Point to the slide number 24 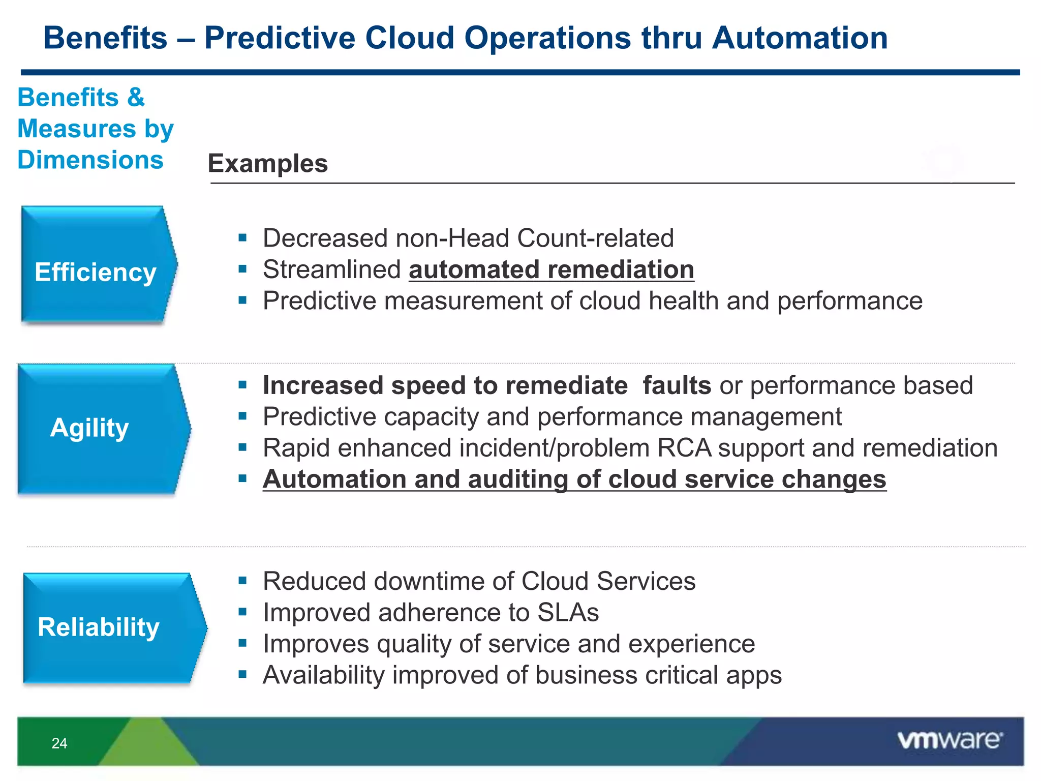coord(59,743)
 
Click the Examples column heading coord(268,164)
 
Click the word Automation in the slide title coord(800,38)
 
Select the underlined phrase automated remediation coord(552,269)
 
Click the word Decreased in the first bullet coord(325,238)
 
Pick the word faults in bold coord(677,385)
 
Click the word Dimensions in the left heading coord(90,160)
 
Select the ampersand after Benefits coord(136,97)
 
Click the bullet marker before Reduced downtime coord(242,580)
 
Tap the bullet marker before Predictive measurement coord(242,300)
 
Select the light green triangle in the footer coord(149,745)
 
